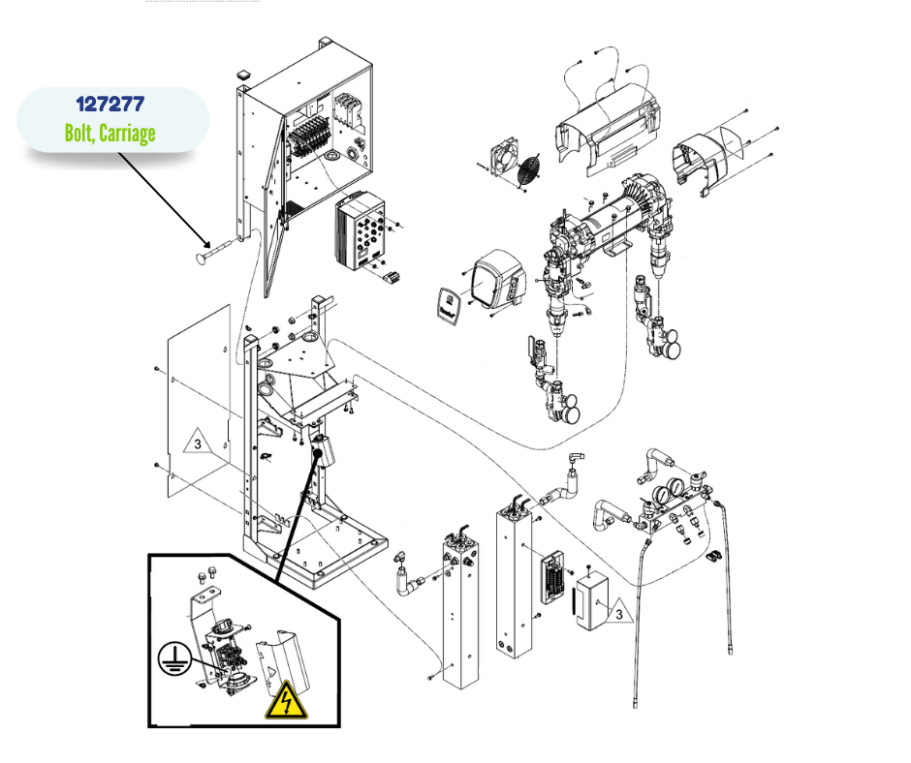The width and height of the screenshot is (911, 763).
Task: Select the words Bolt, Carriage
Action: click(x=110, y=133)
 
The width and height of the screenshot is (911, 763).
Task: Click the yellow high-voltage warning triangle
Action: click(x=286, y=700)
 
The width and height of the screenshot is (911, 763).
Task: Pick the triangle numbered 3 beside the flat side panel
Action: click(x=196, y=444)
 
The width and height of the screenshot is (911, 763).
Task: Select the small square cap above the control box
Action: click(x=242, y=74)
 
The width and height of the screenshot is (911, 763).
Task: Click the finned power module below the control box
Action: click(x=361, y=232)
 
